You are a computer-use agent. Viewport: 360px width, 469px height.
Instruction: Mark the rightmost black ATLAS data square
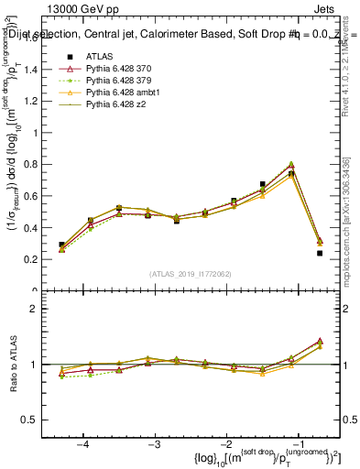tap(320, 253)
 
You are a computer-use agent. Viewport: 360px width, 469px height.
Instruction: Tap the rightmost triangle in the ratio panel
tap(320, 341)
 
